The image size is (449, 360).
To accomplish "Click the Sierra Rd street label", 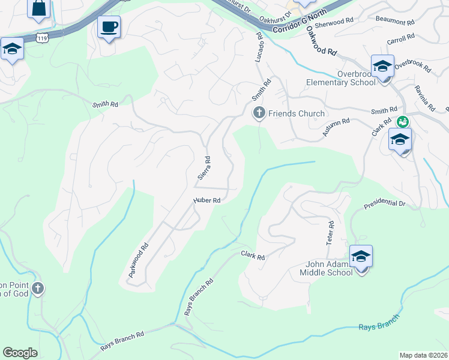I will point(203,169).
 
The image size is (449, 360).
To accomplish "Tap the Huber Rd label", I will point(208,200).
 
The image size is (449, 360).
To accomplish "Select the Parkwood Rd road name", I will point(138,260).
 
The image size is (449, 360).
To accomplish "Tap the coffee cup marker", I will point(109,27).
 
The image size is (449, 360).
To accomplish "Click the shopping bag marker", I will point(38,8).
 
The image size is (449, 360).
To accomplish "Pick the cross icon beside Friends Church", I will point(259,113).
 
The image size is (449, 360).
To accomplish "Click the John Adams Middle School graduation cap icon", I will point(361,257).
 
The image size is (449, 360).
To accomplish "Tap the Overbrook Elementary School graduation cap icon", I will point(382,67).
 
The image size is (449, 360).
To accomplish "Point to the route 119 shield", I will point(41,38).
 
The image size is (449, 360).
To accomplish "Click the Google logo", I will point(20,353).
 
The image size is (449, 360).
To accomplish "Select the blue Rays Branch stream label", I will point(378,327).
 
